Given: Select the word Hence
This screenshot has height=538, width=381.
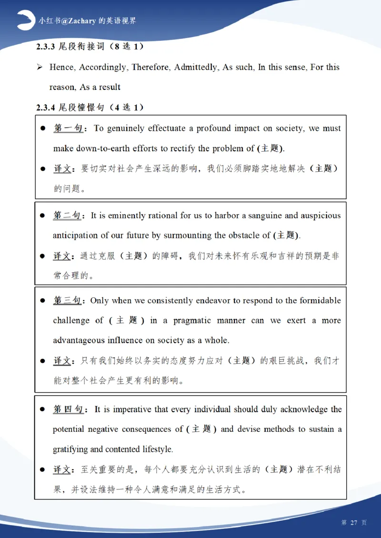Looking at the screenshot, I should click(62, 67).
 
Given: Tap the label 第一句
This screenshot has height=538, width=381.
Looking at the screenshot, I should click(68, 128).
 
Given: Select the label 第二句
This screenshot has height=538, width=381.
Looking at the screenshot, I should click(67, 215).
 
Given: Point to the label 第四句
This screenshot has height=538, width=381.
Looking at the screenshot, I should click(68, 409).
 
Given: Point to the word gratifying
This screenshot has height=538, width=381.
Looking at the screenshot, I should click(70, 449).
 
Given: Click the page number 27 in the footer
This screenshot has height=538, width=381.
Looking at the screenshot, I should click(353, 522).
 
